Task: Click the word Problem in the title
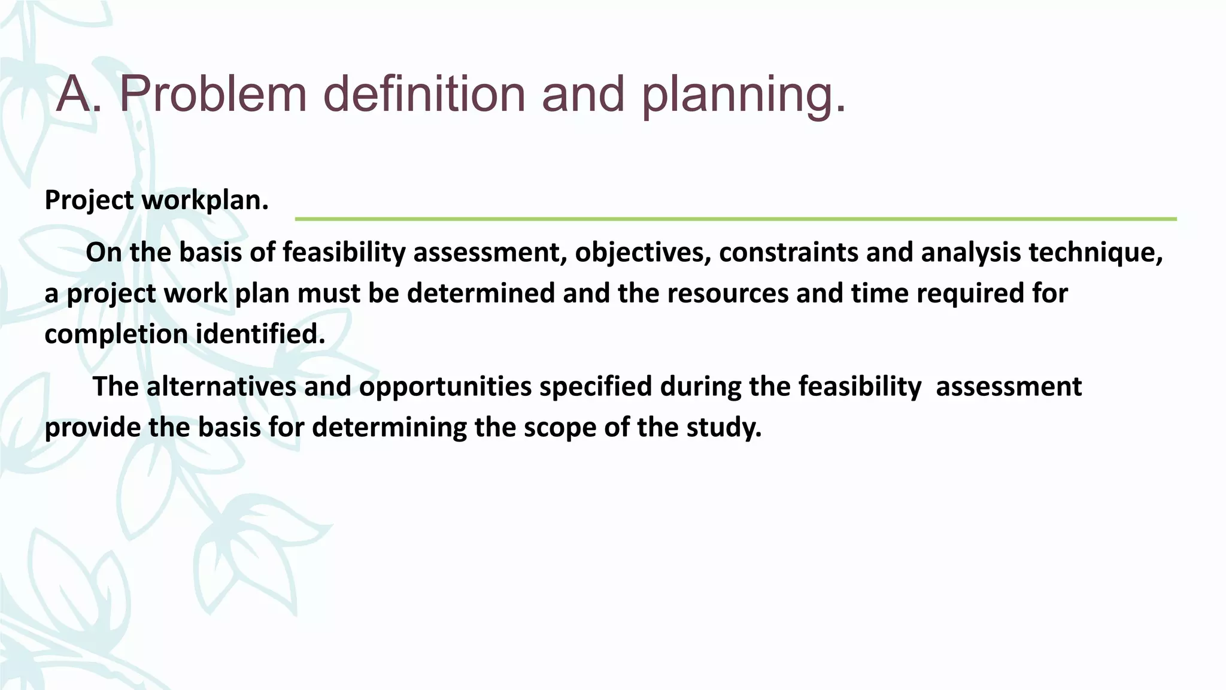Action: coord(213,94)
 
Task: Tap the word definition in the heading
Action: coord(424,94)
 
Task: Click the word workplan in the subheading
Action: coord(205,200)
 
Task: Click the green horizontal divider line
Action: coord(735,219)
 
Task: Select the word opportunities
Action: coord(445,386)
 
